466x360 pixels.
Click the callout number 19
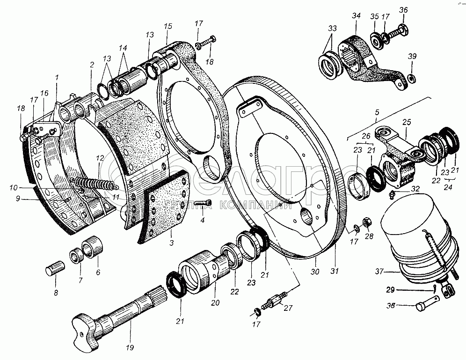point(130,347)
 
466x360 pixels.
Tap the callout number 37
point(379,272)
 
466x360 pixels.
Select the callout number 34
point(356,15)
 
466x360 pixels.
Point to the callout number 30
point(315,271)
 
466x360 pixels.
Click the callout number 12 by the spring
point(100,158)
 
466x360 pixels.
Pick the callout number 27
point(288,308)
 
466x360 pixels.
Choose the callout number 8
point(56,293)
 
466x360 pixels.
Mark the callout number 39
point(412,56)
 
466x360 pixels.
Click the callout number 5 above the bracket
point(377,112)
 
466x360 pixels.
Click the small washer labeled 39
point(411,78)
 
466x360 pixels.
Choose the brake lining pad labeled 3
point(164,207)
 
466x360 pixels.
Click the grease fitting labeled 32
point(392,194)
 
